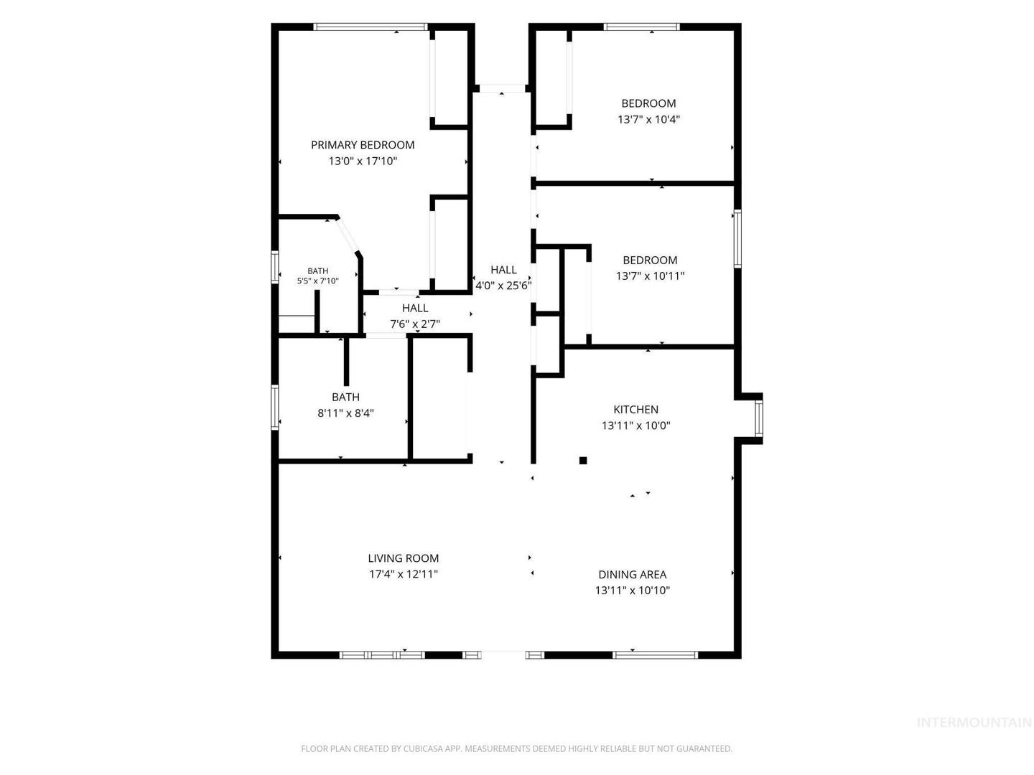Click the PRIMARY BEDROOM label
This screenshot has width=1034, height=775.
point(362,145)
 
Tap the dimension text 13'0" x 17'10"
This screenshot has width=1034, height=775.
point(362,161)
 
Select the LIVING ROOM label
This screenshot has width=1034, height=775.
point(403,558)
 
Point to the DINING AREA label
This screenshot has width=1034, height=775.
point(632,574)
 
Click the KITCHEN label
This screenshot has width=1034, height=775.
point(635,409)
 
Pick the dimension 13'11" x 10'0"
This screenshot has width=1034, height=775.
point(635,426)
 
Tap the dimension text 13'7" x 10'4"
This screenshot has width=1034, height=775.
point(648,119)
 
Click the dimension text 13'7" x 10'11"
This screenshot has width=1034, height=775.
point(650,276)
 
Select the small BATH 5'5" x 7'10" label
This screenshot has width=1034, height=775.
point(317,276)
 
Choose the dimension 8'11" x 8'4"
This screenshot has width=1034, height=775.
point(345,413)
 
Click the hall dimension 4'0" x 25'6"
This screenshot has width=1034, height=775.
point(503,285)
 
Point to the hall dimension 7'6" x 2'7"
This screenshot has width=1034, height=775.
point(414,324)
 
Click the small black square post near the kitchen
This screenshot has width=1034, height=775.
point(583,460)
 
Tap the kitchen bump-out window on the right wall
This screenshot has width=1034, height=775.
point(758,418)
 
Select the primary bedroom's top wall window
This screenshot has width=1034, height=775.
point(371,27)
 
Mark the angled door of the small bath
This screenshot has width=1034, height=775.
point(348,236)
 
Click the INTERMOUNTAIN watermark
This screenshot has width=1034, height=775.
point(974,736)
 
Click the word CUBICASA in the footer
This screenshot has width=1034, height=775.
point(422,748)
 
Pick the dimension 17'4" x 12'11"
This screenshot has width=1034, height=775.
point(404,574)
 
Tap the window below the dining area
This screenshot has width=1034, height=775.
point(655,654)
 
